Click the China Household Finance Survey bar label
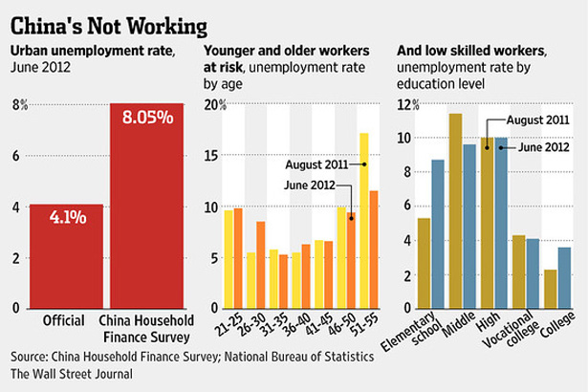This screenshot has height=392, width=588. (x=146, y=327)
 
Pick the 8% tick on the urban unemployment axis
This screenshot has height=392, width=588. (x=17, y=104)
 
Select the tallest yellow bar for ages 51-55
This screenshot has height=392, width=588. (x=363, y=220)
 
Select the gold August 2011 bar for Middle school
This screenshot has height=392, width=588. (x=455, y=210)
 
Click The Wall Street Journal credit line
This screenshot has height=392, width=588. (x=72, y=374)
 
